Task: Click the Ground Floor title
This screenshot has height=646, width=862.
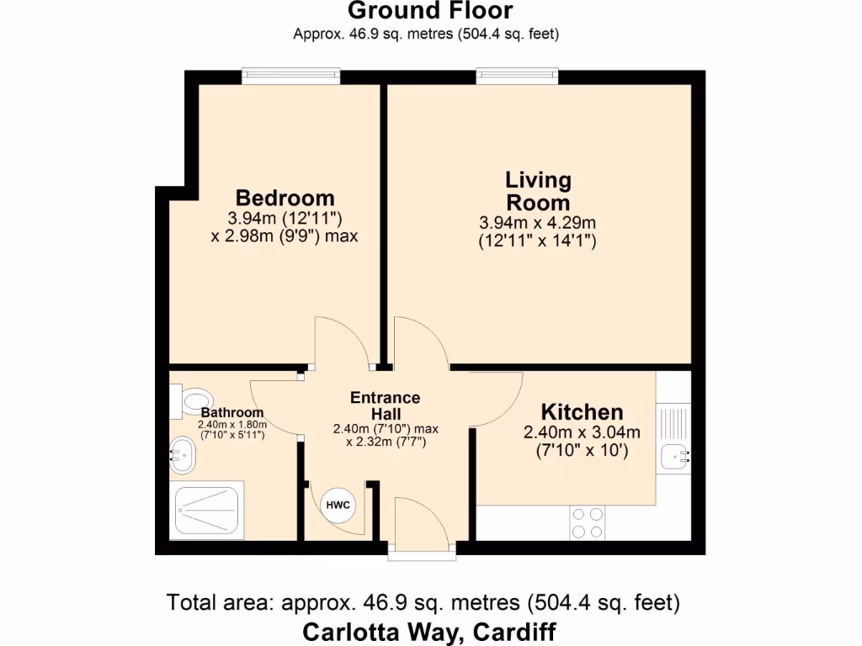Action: tap(429, 12)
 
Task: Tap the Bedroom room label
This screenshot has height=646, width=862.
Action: tap(285, 199)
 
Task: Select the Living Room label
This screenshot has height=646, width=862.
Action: tap(538, 191)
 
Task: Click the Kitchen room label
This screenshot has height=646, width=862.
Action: tap(582, 412)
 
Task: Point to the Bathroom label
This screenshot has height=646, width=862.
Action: tap(231, 413)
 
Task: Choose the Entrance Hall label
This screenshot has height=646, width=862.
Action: tap(385, 406)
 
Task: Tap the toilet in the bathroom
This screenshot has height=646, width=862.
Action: tap(189, 402)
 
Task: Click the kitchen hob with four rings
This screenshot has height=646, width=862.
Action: tap(587, 522)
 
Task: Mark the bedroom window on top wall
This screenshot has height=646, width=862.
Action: tap(291, 77)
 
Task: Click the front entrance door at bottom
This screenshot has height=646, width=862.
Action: tap(422, 527)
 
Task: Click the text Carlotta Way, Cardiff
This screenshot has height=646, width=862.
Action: tap(429, 631)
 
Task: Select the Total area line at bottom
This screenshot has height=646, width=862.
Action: tap(423, 603)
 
